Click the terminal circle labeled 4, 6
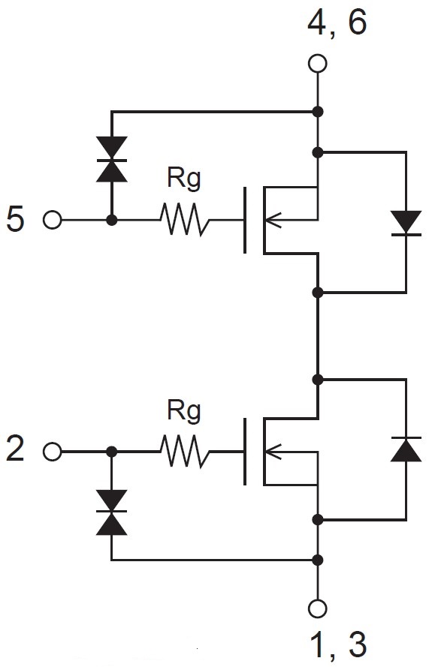317,65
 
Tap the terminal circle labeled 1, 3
317,608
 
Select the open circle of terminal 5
53,221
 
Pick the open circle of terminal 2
53,452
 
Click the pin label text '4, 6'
337,23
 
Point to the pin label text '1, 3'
339,644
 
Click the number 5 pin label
15,220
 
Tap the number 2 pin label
15,449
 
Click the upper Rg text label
183,179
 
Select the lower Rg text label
183,410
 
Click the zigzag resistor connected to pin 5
184,219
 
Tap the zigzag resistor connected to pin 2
184,451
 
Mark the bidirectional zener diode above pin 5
112,160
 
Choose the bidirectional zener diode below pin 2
112,512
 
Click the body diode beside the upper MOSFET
406,223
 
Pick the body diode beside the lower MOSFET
406,449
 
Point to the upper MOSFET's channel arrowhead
273,221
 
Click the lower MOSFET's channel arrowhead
273,452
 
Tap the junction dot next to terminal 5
112,221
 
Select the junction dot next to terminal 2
112,452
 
